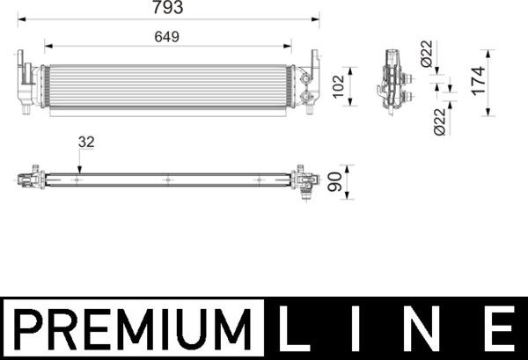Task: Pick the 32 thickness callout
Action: click(86, 140)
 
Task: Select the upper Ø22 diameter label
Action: click(428, 55)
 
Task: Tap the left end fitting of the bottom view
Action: click(31, 179)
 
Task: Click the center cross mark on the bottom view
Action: click(167, 180)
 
